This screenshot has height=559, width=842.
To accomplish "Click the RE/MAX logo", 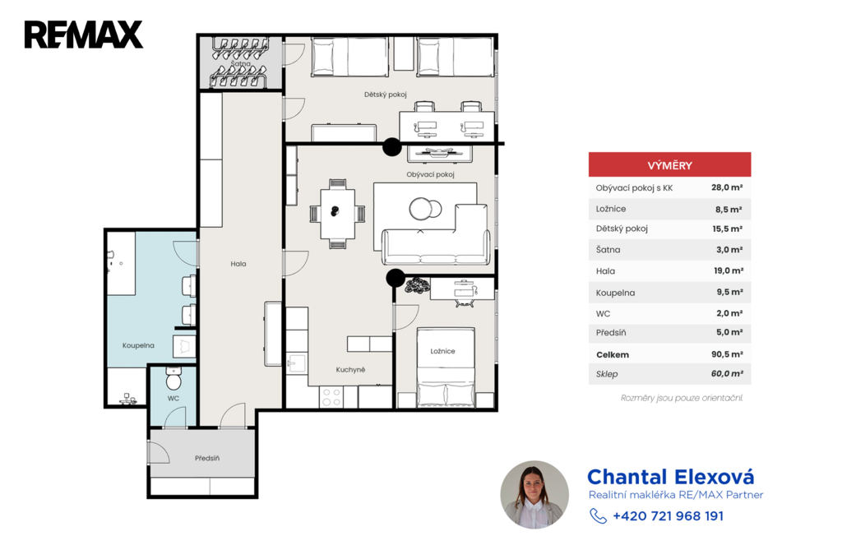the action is (x=84, y=35).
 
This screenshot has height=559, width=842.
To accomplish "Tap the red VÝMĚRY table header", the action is (x=669, y=165).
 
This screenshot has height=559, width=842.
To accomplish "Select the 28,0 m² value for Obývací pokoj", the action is (x=727, y=187).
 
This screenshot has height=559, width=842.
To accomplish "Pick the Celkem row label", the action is (x=612, y=354).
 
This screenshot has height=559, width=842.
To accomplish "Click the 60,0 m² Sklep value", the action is (x=727, y=374).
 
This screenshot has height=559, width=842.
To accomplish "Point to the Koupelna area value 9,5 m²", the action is (x=729, y=292).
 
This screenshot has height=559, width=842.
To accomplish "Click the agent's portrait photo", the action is (x=534, y=495).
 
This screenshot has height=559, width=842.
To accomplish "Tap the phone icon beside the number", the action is (x=598, y=516).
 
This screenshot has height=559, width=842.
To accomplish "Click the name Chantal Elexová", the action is (x=671, y=477).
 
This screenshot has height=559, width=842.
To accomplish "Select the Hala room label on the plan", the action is (x=238, y=264).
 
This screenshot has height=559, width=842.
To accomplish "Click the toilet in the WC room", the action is (x=173, y=379).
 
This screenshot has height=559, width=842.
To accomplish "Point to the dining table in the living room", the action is (x=338, y=214).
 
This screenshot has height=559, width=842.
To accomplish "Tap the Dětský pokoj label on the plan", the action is (x=386, y=95).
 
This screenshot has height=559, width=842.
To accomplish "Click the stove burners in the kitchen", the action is (x=331, y=397).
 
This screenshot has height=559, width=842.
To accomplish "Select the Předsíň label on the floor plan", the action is (x=207, y=458).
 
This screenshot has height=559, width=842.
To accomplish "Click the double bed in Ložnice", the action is (x=446, y=367).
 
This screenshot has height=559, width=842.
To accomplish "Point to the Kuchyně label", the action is (x=350, y=369).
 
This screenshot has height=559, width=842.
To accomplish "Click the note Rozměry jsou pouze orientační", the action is (x=682, y=398).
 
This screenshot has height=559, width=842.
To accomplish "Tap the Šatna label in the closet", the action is (x=241, y=63).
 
